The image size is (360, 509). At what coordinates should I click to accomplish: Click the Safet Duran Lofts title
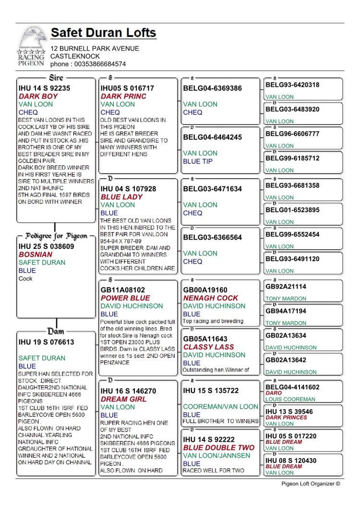pyautogui.click(x=103, y=33)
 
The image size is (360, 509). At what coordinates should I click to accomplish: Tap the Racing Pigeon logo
pyautogui.click(x=31, y=47)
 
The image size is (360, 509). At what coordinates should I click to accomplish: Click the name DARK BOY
pyautogui.click(x=38, y=96)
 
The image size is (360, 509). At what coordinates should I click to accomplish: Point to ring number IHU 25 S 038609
pyautogui.click(x=46, y=246)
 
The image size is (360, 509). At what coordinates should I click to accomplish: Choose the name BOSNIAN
pyautogui.click(x=36, y=254)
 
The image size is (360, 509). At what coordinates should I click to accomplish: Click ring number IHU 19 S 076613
pyautogui.click(x=46, y=342)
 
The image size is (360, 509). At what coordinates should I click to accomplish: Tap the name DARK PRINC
pyautogui.click(x=123, y=96)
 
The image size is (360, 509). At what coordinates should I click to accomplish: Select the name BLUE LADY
pyautogui.click(x=121, y=197)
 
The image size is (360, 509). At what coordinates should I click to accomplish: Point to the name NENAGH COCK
pyautogui.click(x=210, y=298)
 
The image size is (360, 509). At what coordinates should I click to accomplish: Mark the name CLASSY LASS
pyautogui.click(x=208, y=347)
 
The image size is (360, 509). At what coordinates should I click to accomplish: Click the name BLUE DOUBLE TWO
pyautogui.click(x=218, y=448)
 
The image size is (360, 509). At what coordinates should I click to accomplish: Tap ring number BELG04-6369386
pyautogui.click(x=212, y=88)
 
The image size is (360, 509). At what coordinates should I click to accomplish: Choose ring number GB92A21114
pyautogui.click(x=286, y=287)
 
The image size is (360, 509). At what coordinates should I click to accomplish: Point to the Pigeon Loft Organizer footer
pyautogui.click(x=310, y=484)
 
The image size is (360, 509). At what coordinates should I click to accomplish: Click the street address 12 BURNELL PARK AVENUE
pyautogui.click(x=95, y=48)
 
